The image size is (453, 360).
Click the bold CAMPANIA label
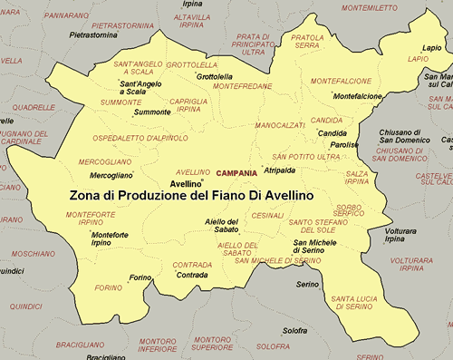(x=237, y=171)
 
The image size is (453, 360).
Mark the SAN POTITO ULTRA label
(x=306, y=157)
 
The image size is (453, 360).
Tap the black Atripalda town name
(x=279, y=170)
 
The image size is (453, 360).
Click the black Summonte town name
(x=151, y=112)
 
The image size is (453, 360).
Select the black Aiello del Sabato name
(x=221, y=226)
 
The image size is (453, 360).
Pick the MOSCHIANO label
(x=34, y=254)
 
